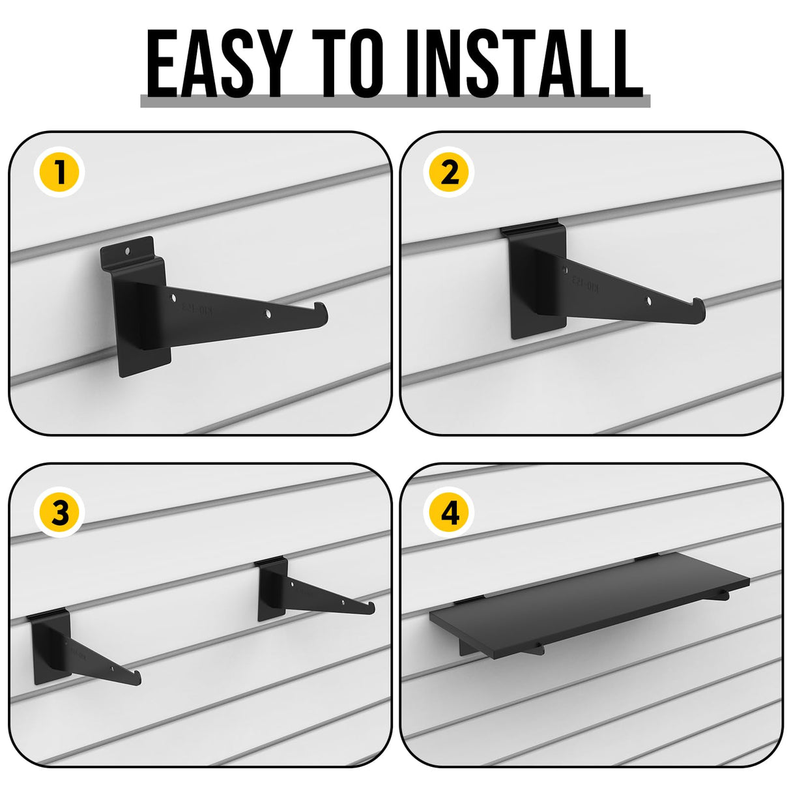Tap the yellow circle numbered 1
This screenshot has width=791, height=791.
pyautogui.click(x=60, y=173)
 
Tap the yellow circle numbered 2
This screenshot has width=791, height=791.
pyautogui.click(x=450, y=173)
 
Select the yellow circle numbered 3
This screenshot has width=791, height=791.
pyautogui.click(x=60, y=513)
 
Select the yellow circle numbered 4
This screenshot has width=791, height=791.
pyautogui.click(x=450, y=513)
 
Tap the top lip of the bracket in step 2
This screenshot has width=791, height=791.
pyautogui.click(x=531, y=230)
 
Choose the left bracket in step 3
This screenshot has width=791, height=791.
pyautogui.click(x=72, y=648)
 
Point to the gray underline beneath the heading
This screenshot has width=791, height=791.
pyautogui.click(x=395, y=101)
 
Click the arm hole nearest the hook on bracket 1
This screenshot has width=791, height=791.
pyautogui.click(x=268, y=314)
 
